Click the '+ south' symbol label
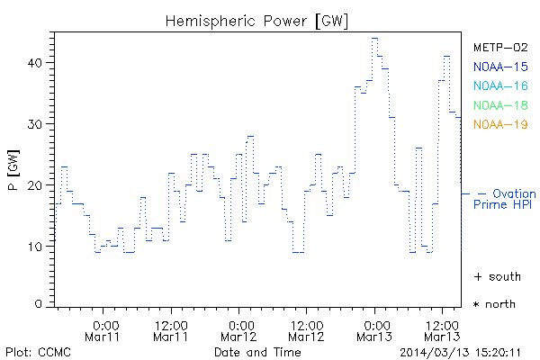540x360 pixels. point(495,275)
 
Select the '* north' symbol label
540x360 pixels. point(494,304)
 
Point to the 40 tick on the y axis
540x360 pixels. point(34,63)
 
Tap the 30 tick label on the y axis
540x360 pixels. point(34,124)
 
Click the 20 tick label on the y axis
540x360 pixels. point(34,185)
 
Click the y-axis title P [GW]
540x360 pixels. point(13,169)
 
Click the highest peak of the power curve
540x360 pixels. point(374,39)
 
